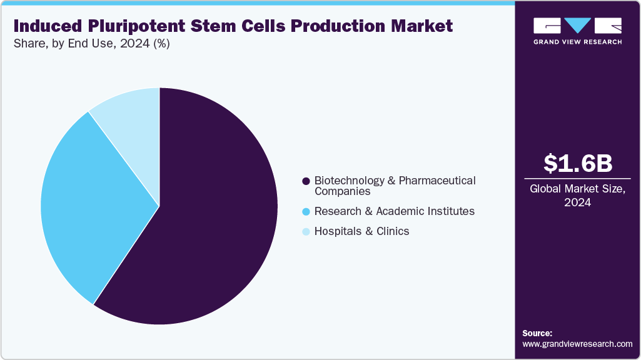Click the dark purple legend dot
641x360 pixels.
point(306,181)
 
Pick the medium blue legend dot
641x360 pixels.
point(306,211)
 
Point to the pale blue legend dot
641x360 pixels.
point(306,232)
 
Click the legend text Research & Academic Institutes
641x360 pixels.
point(394,211)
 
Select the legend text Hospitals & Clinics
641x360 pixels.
point(361,231)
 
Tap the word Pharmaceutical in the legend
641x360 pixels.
point(437,181)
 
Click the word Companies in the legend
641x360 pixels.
point(342,191)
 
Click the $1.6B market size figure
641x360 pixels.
point(577,163)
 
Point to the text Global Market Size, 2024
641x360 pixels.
point(577,196)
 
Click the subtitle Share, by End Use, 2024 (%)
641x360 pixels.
point(91,44)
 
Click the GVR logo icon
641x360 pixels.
point(577,26)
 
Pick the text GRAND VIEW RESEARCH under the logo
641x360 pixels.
point(577,42)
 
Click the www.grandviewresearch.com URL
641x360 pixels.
point(577,344)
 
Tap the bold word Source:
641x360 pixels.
point(537,333)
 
